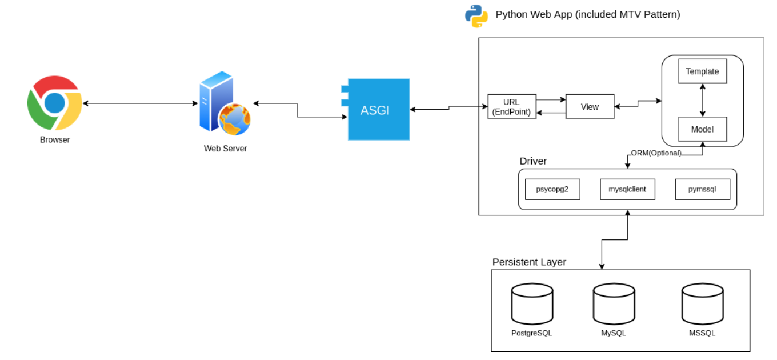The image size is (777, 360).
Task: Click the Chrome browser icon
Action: [x=55, y=103]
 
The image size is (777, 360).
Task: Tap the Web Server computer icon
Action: [x=225, y=103]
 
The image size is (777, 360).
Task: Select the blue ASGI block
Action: [x=376, y=110]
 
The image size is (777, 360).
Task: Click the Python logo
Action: [x=476, y=16]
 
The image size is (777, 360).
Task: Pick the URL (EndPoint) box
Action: [x=512, y=106]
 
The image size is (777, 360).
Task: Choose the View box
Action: [x=590, y=106]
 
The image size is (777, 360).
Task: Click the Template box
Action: [x=702, y=71]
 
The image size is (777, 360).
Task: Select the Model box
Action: [x=702, y=129]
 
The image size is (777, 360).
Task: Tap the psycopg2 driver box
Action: [x=552, y=189]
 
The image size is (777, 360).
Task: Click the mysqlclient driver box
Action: [x=627, y=189]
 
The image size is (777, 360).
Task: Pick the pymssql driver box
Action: [x=702, y=189]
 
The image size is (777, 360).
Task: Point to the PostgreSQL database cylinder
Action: [x=532, y=304]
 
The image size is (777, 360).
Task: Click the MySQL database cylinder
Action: [x=614, y=304]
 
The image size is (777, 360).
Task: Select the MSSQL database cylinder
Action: [x=702, y=304]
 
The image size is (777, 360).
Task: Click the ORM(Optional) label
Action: [x=656, y=153]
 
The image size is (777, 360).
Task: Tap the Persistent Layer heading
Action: [x=529, y=262]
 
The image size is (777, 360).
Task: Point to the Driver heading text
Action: [x=533, y=161]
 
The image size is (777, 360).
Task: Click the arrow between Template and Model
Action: [x=702, y=100]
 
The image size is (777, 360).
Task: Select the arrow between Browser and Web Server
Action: [x=140, y=103]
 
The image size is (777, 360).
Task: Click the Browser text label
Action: [x=55, y=140]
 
